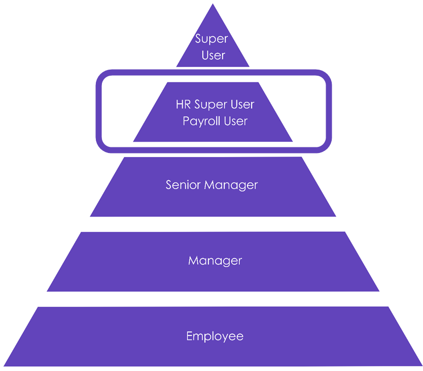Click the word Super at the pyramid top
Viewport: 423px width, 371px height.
(212, 39)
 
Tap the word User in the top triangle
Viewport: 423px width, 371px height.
(213, 55)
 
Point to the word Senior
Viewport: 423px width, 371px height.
(183, 184)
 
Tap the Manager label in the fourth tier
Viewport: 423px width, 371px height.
(215, 261)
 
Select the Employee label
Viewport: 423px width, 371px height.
(215, 336)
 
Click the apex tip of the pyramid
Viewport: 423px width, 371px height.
(213, 5)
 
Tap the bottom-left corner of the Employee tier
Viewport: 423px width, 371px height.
(4, 365)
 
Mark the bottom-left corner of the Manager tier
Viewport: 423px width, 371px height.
(47, 291)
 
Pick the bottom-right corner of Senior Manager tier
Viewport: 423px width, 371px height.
(336, 217)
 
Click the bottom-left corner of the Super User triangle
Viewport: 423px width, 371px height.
(177, 67)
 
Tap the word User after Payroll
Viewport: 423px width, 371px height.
(235, 121)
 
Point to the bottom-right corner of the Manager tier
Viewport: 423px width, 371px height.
(379, 291)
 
